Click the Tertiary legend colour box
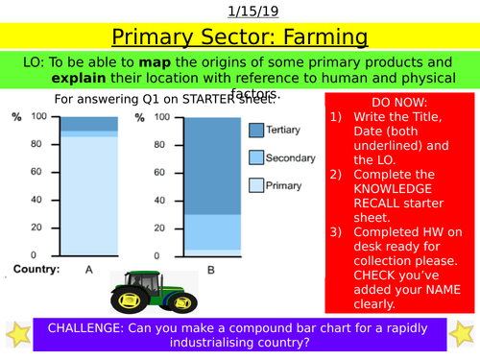click(x=256, y=130)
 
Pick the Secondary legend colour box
click(x=256, y=156)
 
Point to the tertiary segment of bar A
click(x=88, y=123)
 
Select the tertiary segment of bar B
click(x=211, y=163)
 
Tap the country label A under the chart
click(x=88, y=270)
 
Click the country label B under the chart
click(x=211, y=270)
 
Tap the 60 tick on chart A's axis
click(x=39, y=172)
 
